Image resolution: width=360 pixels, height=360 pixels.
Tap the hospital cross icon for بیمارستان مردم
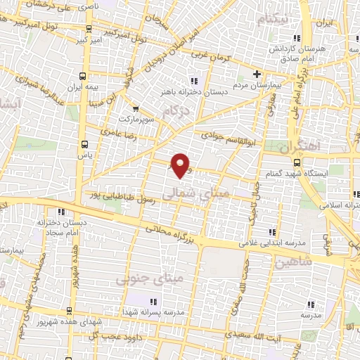pos(257,74)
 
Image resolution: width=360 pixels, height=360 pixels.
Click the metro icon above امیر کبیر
pos(88,30)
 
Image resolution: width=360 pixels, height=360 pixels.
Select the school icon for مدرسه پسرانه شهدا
pos(153,301)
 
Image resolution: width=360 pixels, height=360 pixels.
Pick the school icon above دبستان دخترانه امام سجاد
pos(62,212)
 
